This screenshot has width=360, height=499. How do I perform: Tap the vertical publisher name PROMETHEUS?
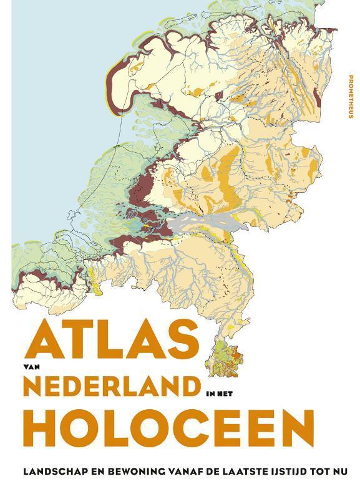(x=348, y=97)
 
